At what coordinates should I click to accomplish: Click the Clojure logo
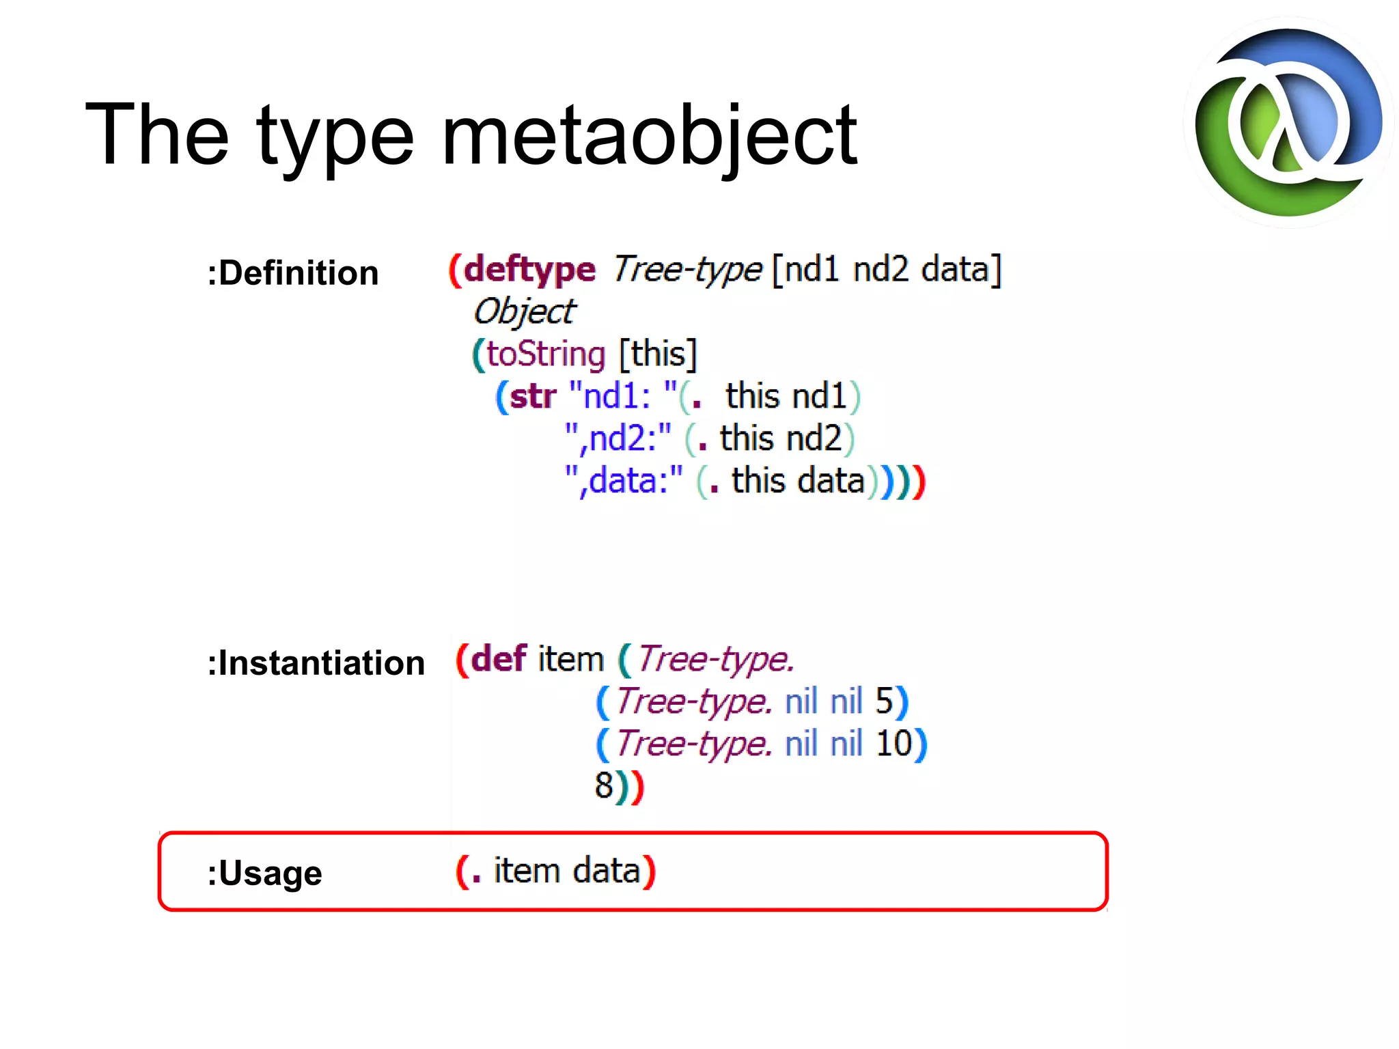1288,123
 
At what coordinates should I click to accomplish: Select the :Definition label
292,272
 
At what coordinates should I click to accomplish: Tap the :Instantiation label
316,663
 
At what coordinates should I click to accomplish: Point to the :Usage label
264,873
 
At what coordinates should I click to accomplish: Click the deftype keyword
529,269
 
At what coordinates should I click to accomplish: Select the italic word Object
525,311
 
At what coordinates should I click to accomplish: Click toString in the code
546,354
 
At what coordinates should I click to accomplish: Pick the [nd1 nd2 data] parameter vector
886,269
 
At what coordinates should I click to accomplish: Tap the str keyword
533,396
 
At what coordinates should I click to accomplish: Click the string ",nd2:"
618,438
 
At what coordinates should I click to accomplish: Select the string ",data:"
624,481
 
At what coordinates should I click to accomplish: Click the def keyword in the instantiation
499,659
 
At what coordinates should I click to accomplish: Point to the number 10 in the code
894,743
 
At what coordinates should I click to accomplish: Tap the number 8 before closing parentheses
604,785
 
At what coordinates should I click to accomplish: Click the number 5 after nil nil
884,701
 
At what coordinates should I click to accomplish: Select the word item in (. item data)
527,871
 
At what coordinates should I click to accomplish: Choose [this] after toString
657,354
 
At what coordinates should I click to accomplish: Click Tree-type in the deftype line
687,269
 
